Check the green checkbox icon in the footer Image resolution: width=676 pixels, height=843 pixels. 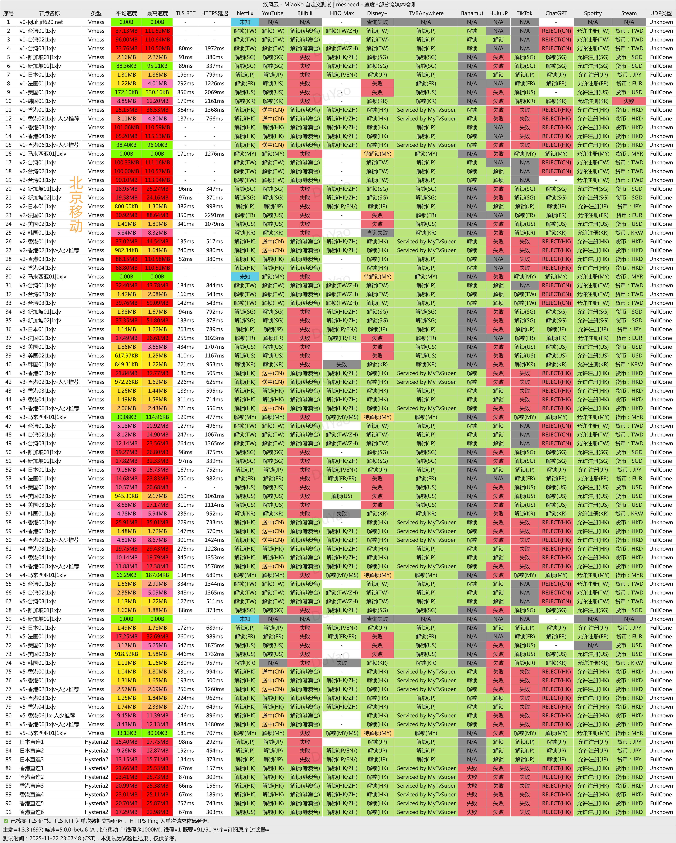6,821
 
